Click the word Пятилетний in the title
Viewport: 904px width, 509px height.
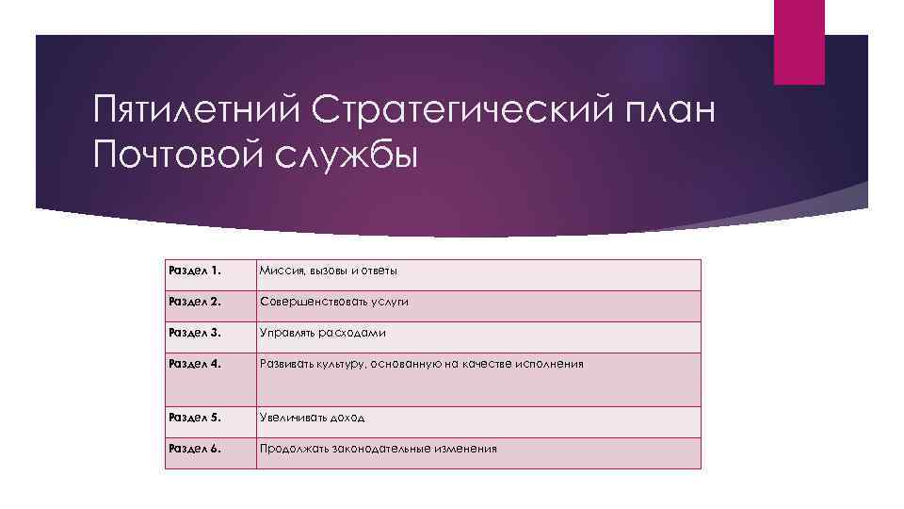195,112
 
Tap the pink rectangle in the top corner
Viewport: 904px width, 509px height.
799,41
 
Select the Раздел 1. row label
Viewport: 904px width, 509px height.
194,271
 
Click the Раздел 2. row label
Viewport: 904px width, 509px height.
195,302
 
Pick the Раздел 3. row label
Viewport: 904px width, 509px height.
195,333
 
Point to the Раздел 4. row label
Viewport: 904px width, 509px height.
195,363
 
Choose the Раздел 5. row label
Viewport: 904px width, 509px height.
195,417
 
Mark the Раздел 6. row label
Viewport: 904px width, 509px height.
195,448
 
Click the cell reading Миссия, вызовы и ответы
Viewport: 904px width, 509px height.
329,271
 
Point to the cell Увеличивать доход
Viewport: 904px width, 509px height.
313,418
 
